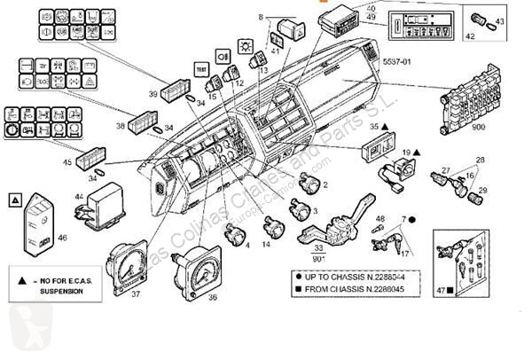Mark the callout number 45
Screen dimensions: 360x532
(x=67, y=162)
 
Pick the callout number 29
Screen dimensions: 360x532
(x=483, y=192)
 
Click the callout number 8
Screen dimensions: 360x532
(x=261, y=17)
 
